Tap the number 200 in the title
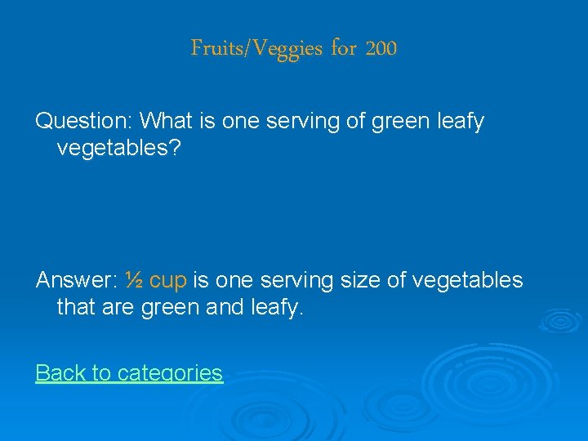pos(381,49)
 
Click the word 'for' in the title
pos(344,49)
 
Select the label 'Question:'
pos(84,122)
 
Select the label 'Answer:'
pos(78,281)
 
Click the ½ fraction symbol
pos(135,281)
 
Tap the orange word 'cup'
pos(169,281)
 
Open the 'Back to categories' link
pos(129,373)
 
